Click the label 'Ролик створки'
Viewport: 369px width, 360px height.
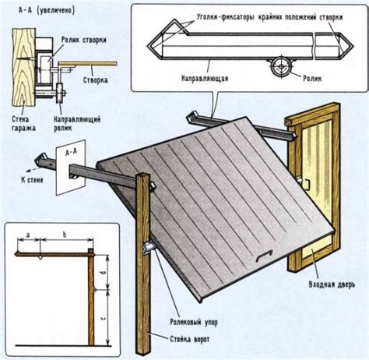pyautogui.click(x=83, y=40)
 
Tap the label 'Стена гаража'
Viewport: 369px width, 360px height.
pyautogui.click(x=23, y=124)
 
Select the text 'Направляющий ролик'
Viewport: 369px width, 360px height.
pyautogui.click(x=77, y=124)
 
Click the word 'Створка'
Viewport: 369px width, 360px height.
pyautogui.click(x=96, y=80)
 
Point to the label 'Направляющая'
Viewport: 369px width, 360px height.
pyautogui.click(x=205, y=78)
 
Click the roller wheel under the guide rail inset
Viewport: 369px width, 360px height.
pyautogui.click(x=281, y=67)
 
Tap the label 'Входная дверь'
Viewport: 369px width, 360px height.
pyautogui.click(x=332, y=284)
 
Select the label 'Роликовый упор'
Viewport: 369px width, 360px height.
pyautogui.click(x=194, y=322)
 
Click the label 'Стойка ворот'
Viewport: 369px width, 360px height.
pyautogui.click(x=190, y=339)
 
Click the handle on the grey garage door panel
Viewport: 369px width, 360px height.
pyautogui.click(x=265, y=255)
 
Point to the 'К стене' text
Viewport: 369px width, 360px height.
pyautogui.click(x=32, y=180)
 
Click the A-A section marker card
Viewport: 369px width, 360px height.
pyautogui.click(x=71, y=167)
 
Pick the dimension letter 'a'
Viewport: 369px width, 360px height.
pyautogui.click(x=28, y=235)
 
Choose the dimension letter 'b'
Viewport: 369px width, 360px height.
pyautogui.click(x=65, y=235)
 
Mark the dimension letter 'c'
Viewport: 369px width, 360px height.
pyautogui.click(x=103, y=318)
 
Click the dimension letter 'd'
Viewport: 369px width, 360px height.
pyautogui.click(x=103, y=273)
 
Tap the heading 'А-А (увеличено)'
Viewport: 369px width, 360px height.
pyautogui.click(x=46, y=10)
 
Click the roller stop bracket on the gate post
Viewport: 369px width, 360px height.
pyautogui.click(x=149, y=247)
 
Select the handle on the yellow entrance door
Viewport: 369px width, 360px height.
pyautogui.click(x=307, y=185)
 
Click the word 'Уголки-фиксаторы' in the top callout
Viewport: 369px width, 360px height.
pyautogui.click(x=225, y=17)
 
